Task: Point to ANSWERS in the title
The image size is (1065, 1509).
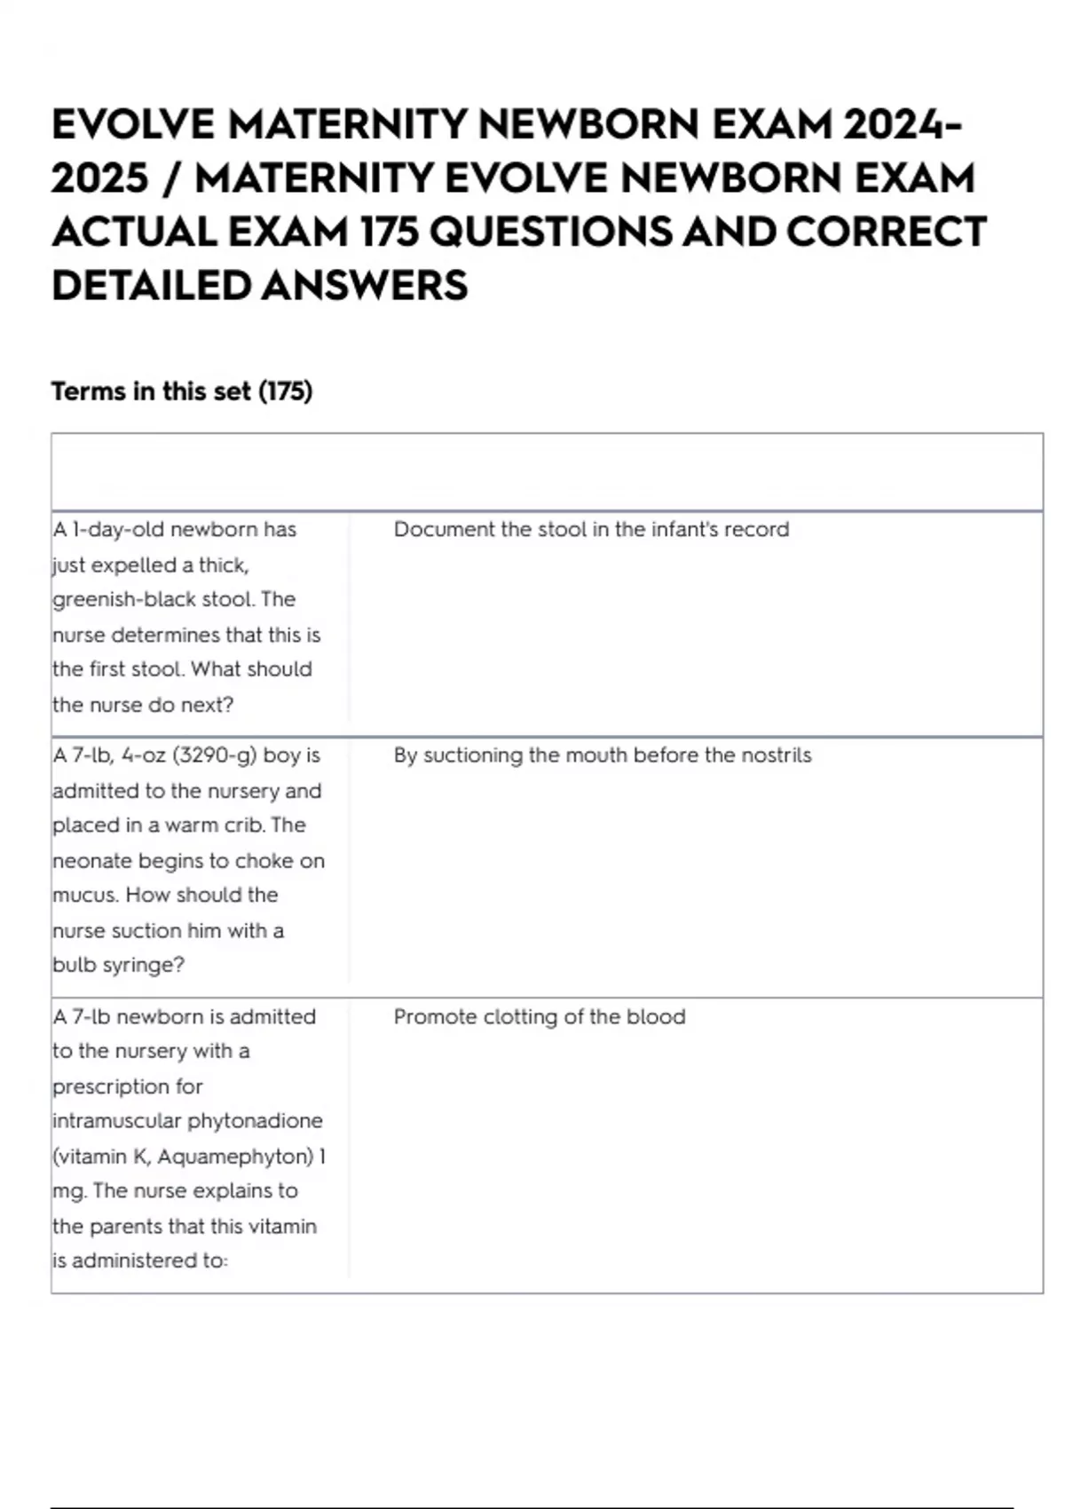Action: point(365,286)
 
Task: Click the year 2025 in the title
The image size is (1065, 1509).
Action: point(99,178)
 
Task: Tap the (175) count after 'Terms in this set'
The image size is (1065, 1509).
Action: point(285,391)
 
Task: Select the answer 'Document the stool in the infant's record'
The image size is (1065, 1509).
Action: point(591,530)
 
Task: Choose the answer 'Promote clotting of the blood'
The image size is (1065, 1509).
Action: point(540,1016)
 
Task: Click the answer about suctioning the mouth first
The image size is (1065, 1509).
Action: point(603,755)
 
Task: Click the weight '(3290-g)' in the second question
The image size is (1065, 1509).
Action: point(215,755)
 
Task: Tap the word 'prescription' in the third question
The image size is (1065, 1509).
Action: point(128,1086)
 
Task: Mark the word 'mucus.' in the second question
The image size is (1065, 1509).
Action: point(85,895)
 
